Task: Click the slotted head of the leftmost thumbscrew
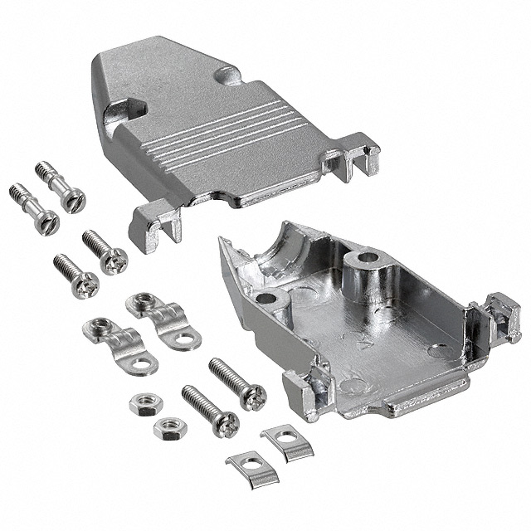[49, 221]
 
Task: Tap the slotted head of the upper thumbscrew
[76, 200]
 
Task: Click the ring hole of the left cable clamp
[144, 363]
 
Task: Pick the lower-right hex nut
[170, 428]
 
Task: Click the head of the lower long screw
[226, 424]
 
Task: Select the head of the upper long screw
[252, 396]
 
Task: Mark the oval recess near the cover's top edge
[228, 76]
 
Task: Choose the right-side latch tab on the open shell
[502, 315]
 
